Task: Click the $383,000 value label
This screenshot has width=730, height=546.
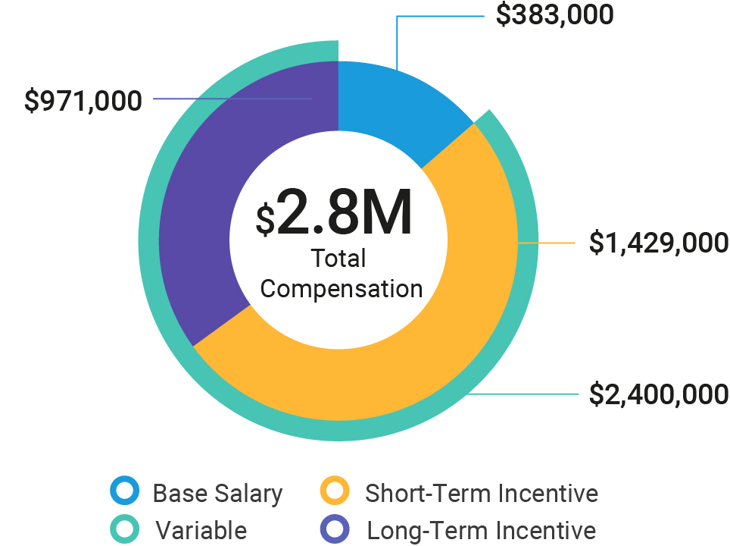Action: pyautogui.click(x=554, y=15)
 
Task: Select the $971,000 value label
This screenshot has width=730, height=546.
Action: pyautogui.click(x=83, y=101)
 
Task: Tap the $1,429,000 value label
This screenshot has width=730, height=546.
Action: pyautogui.click(x=659, y=243)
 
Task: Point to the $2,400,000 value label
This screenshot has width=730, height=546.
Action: pyautogui.click(x=659, y=394)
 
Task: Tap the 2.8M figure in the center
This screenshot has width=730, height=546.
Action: pyautogui.click(x=345, y=214)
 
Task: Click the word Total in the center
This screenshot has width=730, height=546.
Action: pyautogui.click(x=338, y=259)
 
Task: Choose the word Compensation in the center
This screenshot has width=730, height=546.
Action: pyautogui.click(x=342, y=289)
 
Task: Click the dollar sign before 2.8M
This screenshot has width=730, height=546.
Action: pyautogui.click(x=264, y=220)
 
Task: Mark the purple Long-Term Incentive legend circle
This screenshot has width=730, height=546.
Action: pyautogui.click(x=336, y=529)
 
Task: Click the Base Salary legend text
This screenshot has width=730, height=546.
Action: pyautogui.click(x=217, y=494)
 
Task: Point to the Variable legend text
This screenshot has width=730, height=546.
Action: pyautogui.click(x=201, y=530)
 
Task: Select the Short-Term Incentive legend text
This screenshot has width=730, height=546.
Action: pyautogui.click(x=482, y=494)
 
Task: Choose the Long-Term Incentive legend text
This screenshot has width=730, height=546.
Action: pyautogui.click(x=482, y=530)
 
